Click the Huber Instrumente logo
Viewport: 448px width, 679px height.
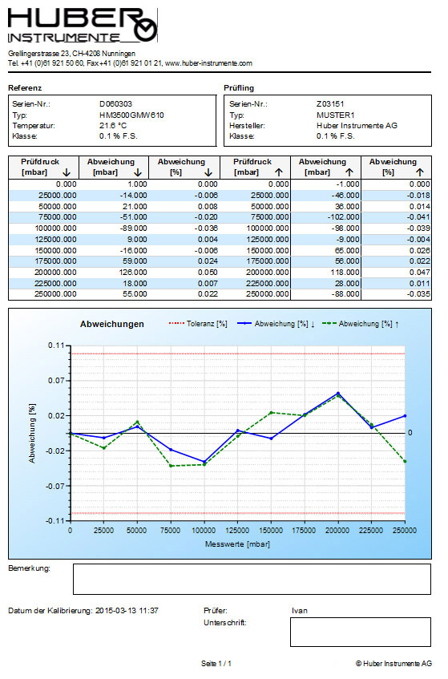click(83, 26)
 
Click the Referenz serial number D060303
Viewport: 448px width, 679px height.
click(115, 104)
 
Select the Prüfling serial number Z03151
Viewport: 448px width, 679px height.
click(330, 104)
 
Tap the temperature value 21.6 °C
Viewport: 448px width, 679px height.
click(112, 126)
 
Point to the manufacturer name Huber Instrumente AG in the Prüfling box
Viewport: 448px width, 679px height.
click(357, 126)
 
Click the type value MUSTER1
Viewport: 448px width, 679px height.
click(335, 115)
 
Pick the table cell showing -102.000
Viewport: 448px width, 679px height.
click(343, 217)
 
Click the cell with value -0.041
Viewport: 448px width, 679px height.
click(418, 217)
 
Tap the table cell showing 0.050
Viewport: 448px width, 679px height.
click(208, 273)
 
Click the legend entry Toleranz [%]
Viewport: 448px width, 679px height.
click(198, 324)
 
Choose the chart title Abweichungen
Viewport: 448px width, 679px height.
click(111, 324)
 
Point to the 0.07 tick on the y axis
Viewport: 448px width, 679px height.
click(56, 381)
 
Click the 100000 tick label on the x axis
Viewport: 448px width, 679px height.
click(204, 531)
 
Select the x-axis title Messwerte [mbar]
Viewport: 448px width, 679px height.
click(237, 544)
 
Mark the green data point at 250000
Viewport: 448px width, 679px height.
click(406, 461)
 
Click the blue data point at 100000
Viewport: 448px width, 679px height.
click(204, 462)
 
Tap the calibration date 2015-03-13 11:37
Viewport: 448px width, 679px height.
click(127, 611)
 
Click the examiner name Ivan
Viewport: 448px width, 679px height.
click(299, 611)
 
